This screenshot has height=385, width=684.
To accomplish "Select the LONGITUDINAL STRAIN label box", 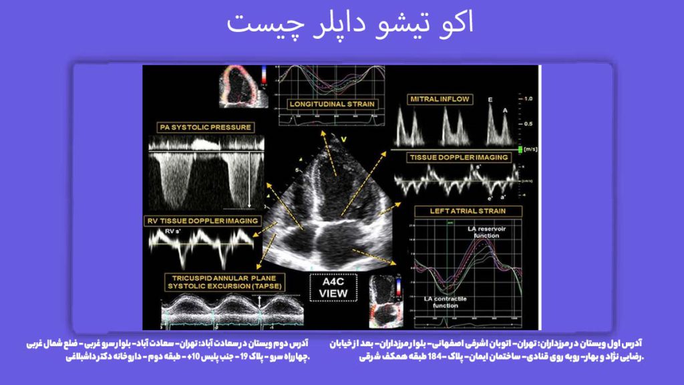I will [x=332, y=104].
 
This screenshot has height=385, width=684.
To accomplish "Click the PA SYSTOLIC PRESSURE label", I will [x=204, y=126].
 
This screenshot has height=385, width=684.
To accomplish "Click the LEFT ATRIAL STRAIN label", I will [x=467, y=211].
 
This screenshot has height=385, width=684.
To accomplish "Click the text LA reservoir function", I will [x=492, y=231].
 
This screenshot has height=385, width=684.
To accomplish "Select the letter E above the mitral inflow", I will [x=490, y=100].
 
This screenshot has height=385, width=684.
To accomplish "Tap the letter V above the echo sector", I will [x=344, y=140].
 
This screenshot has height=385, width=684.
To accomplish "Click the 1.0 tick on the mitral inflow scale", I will [x=528, y=99].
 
